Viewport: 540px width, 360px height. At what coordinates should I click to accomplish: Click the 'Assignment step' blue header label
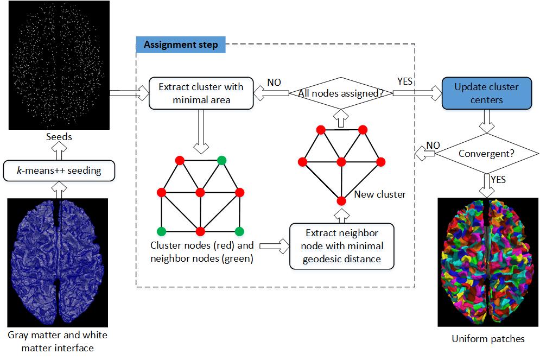(x=181, y=45)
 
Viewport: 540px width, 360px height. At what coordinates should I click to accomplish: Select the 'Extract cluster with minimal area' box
(x=201, y=93)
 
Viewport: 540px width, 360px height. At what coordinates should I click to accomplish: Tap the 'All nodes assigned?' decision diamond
(x=341, y=93)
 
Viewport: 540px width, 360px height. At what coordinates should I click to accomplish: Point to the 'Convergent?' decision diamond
(x=486, y=154)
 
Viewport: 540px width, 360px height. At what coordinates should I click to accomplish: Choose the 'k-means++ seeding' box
(x=59, y=170)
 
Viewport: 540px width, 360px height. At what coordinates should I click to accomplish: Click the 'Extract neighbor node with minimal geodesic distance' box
(x=341, y=246)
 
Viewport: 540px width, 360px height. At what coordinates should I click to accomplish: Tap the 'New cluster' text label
(x=379, y=194)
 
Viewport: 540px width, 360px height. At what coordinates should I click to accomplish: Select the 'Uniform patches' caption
(x=488, y=339)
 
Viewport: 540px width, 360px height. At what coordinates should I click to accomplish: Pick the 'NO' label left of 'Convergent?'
(x=433, y=146)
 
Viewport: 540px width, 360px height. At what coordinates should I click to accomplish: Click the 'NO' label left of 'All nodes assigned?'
(x=274, y=83)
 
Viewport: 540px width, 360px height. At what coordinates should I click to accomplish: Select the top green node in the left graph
(x=221, y=160)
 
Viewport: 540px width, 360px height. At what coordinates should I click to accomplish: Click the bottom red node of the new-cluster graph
(x=341, y=201)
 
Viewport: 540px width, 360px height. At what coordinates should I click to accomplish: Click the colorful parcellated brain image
(x=488, y=262)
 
